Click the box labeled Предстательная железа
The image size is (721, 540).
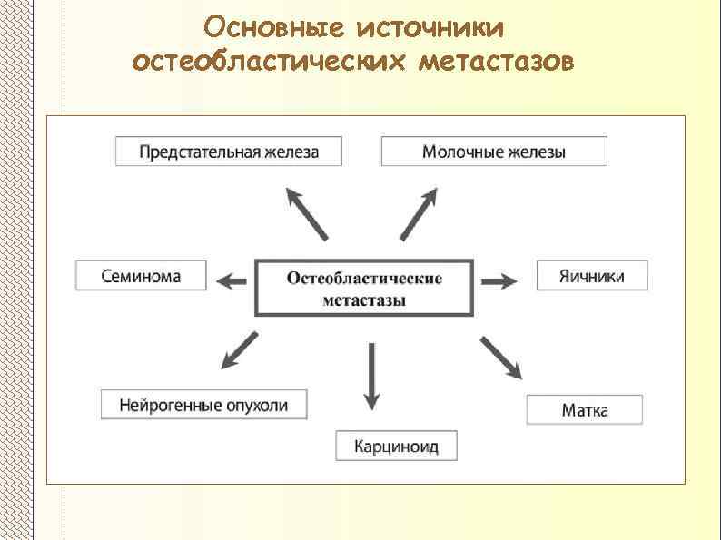229,152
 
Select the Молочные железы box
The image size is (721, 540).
494,152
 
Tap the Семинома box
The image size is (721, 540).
141,276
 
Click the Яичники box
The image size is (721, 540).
593,276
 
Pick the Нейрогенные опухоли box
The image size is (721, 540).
203,405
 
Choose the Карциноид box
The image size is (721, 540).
396,446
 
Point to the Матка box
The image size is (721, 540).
585,410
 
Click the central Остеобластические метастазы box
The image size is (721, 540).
364,289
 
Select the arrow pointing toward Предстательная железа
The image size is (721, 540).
306,213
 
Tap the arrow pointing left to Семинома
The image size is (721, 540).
233,281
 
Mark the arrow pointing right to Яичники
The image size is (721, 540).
499,281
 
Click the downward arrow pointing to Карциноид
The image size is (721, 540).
370,376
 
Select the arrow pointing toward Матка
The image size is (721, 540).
501,358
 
